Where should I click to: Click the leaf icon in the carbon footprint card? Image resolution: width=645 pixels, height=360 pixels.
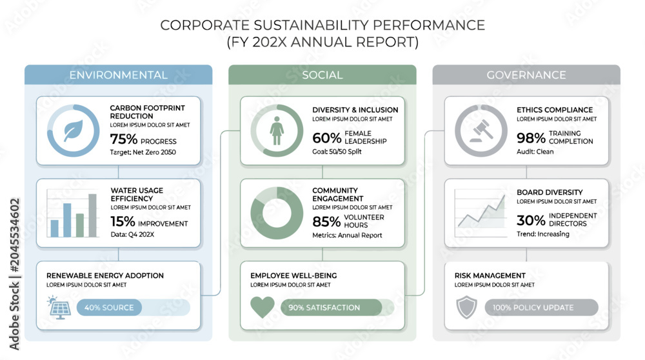pos(74,131)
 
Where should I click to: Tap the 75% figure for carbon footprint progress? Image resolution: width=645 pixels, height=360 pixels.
pos(123,139)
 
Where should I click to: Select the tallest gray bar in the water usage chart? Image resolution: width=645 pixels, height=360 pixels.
pos(92,215)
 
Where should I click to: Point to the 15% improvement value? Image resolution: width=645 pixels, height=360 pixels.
pos(123,222)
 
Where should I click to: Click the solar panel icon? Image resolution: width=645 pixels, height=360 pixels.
pos(59,307)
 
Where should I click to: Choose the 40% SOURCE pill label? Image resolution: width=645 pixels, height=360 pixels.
pos(109,307)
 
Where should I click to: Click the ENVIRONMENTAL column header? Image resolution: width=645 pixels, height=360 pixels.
pos(119,75)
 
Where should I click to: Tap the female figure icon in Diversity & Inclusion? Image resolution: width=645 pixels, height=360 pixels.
pos(277,130)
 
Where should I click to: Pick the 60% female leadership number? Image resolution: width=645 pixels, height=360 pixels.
pos(326,138)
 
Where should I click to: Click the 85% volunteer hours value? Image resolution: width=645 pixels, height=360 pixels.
pos(326,222)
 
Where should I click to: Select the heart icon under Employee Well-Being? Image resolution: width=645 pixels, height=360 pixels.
pos(263,307)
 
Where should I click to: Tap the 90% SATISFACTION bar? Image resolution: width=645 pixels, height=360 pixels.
pos(331,307)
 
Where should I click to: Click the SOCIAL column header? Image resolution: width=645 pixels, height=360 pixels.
pos(322,75)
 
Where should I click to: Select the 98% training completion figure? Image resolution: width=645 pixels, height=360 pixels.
pos(531,138)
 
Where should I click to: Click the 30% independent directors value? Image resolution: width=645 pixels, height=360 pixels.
pos(531,221)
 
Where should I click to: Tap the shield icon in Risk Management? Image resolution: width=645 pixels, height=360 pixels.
pos(467,307)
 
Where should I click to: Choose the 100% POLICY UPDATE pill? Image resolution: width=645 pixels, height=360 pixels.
pos(541,307)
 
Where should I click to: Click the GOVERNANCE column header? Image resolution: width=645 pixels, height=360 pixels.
pos(526,75)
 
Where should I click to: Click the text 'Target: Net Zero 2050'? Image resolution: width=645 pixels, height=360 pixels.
pos(143,152)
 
